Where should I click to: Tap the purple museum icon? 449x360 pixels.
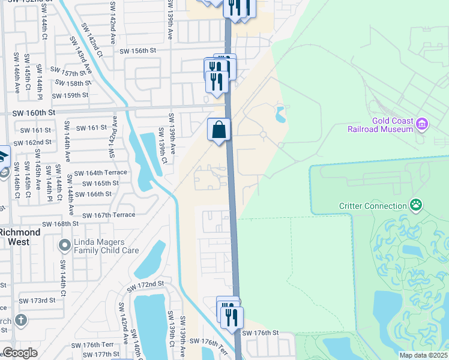point(422,124)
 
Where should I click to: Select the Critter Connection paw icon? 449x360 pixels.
point(415,206)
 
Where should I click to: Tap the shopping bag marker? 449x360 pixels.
point(220,130)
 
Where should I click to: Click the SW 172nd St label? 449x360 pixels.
point(145,283)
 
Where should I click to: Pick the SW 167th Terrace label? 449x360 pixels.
point(116,215)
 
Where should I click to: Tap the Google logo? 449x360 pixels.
point(19,353)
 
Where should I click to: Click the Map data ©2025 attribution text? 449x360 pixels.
point(424,355)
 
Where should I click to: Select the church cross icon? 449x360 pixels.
point(22,319)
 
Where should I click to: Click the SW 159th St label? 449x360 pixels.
point(70,95)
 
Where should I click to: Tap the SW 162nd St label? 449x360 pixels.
point(32,142)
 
